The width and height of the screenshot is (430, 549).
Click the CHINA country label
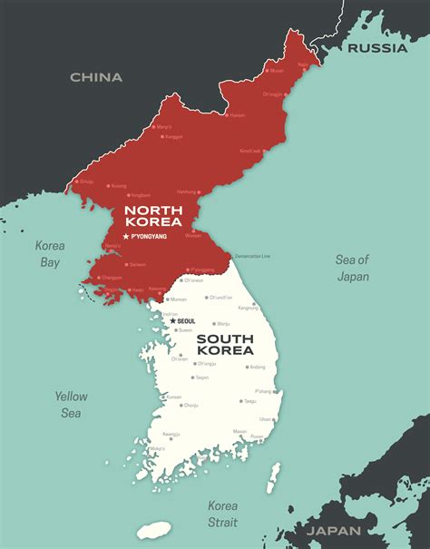click(96, 77)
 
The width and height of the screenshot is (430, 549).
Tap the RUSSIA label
click(377, 48)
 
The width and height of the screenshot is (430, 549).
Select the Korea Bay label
click(49, 253)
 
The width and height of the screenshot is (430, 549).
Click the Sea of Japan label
click(353, 268)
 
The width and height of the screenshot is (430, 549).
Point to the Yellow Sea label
click(70, 405)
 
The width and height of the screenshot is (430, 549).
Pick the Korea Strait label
click(222, 513)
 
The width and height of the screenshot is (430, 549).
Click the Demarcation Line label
click(252, 256)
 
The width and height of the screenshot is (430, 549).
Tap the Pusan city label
click(257, 436)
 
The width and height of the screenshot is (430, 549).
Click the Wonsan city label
click(193, 235)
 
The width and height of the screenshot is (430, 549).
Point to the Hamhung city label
click(186, 192)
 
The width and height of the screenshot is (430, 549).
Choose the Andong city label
click(259, 367)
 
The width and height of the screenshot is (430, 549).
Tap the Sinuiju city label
click(87, 181)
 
